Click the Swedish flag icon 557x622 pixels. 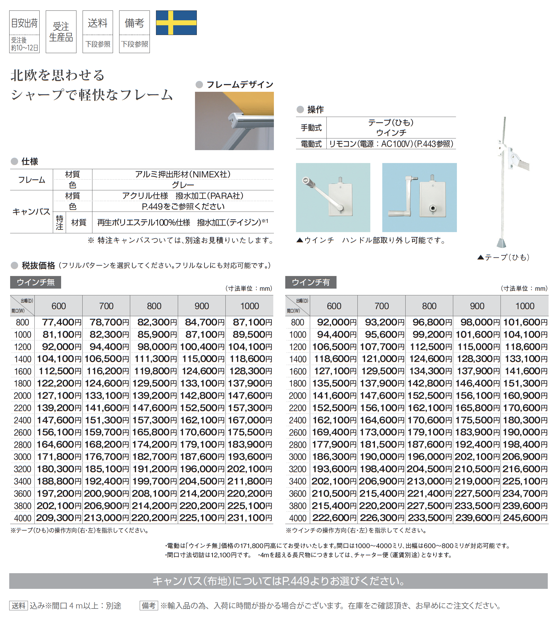pos(176,23)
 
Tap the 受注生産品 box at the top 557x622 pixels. pos(61,32)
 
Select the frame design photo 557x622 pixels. pos(234,121)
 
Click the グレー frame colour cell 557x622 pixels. pos(183,185)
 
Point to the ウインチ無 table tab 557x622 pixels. pos(36,282)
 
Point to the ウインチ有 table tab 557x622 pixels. pos(310,282)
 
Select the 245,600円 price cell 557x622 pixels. pos(525,518)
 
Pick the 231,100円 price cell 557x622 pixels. pos(250,518)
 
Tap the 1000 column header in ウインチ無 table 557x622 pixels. pos(249,306)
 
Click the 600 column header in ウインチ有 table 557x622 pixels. pos(334,306)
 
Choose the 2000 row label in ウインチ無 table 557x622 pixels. pos(22,396)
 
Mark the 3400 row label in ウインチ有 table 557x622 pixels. pos(298,481)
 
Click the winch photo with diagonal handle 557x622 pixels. pos(333,197)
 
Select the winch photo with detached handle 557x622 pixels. pos(419,197)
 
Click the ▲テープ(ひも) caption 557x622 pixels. pos(504,257)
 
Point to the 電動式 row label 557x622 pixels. pos(311,144)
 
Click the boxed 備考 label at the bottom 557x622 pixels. pos(149,605)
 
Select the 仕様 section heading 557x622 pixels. pos(29,161)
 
